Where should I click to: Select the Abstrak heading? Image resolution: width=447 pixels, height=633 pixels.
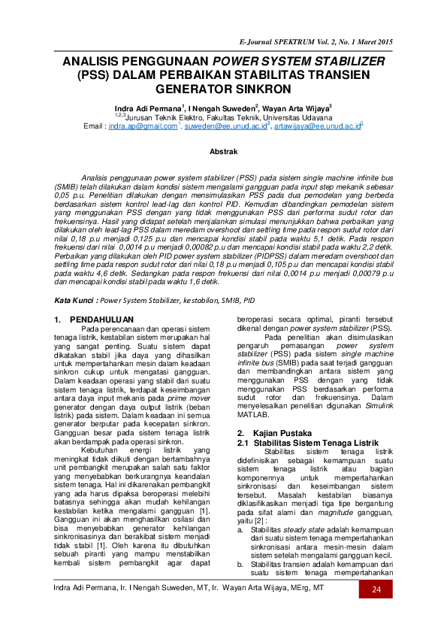tap(223, 152)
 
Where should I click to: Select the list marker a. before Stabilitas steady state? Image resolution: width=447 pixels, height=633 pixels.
tap(240, 529)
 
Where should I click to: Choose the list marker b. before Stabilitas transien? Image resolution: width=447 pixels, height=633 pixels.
tap(240, 562)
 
